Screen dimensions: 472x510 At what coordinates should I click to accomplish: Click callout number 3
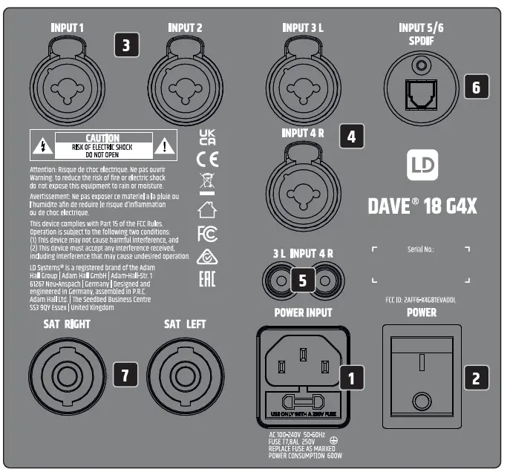[126, 45]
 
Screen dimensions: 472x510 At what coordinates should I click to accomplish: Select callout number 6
[476, 86]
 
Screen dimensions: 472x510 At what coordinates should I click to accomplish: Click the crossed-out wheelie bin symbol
[208, 183]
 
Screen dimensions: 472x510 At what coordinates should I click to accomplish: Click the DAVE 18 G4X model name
[422, 205]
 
